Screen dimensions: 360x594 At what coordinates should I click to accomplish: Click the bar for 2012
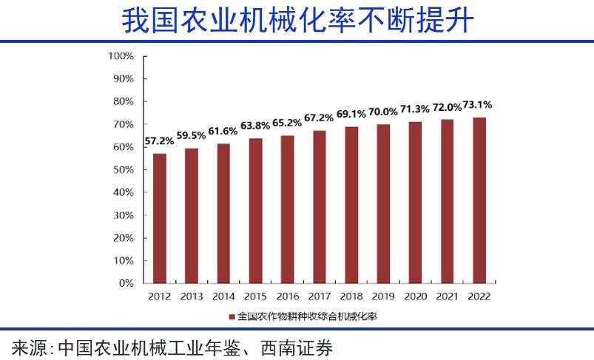160,218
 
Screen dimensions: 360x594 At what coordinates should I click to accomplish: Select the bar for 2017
320,207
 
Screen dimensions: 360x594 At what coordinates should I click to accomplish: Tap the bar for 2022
479,200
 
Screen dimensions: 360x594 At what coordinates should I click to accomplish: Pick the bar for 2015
255,211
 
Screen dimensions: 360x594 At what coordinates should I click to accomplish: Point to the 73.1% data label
478,104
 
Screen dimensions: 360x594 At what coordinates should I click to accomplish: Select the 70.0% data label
382,112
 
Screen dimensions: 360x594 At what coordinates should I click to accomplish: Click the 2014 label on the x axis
223,296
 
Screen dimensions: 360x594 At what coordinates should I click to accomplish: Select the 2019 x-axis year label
383,296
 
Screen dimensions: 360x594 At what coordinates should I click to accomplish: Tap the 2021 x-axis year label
447,296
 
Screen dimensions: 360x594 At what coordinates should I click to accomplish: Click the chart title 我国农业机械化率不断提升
297,20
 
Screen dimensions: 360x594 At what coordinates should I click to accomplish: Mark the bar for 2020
415,203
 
